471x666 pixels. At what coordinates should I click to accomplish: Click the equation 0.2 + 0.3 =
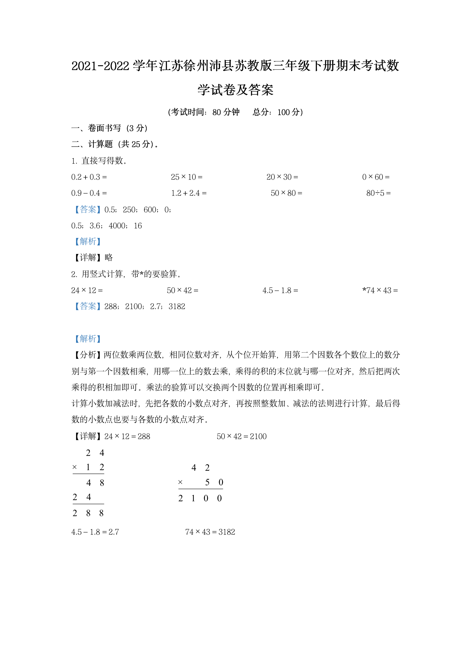coord(89,177)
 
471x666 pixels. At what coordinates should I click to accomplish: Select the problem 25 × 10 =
coord(186,177)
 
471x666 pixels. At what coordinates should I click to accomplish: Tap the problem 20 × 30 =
coord(282,177)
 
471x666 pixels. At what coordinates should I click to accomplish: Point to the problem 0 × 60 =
coord(376,177)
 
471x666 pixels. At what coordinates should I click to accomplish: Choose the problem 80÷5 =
coord(378,193)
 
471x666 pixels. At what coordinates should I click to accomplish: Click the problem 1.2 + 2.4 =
coord(189,193)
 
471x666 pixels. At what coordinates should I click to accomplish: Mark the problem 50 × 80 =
coord(286,193)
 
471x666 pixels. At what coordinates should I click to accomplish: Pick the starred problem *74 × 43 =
coord(380,290)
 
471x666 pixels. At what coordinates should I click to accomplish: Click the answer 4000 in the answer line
coord(117,226)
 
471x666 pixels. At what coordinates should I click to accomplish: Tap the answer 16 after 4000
coord(138,226)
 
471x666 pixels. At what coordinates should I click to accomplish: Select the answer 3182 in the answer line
coord(177,307)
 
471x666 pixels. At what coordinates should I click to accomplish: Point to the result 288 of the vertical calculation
coord(88,513)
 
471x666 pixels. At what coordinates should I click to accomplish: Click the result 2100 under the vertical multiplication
coord(200,498)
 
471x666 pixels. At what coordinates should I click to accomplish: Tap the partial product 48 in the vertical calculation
coord(95,483)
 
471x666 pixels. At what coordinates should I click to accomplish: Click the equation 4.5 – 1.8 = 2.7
coord(95,532)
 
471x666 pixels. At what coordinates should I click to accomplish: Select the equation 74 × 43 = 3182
coord(210,532)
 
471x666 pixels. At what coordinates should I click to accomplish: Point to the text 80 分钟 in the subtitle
coord(226,112)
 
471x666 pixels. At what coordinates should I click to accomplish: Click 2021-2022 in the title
coord(100,66)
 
